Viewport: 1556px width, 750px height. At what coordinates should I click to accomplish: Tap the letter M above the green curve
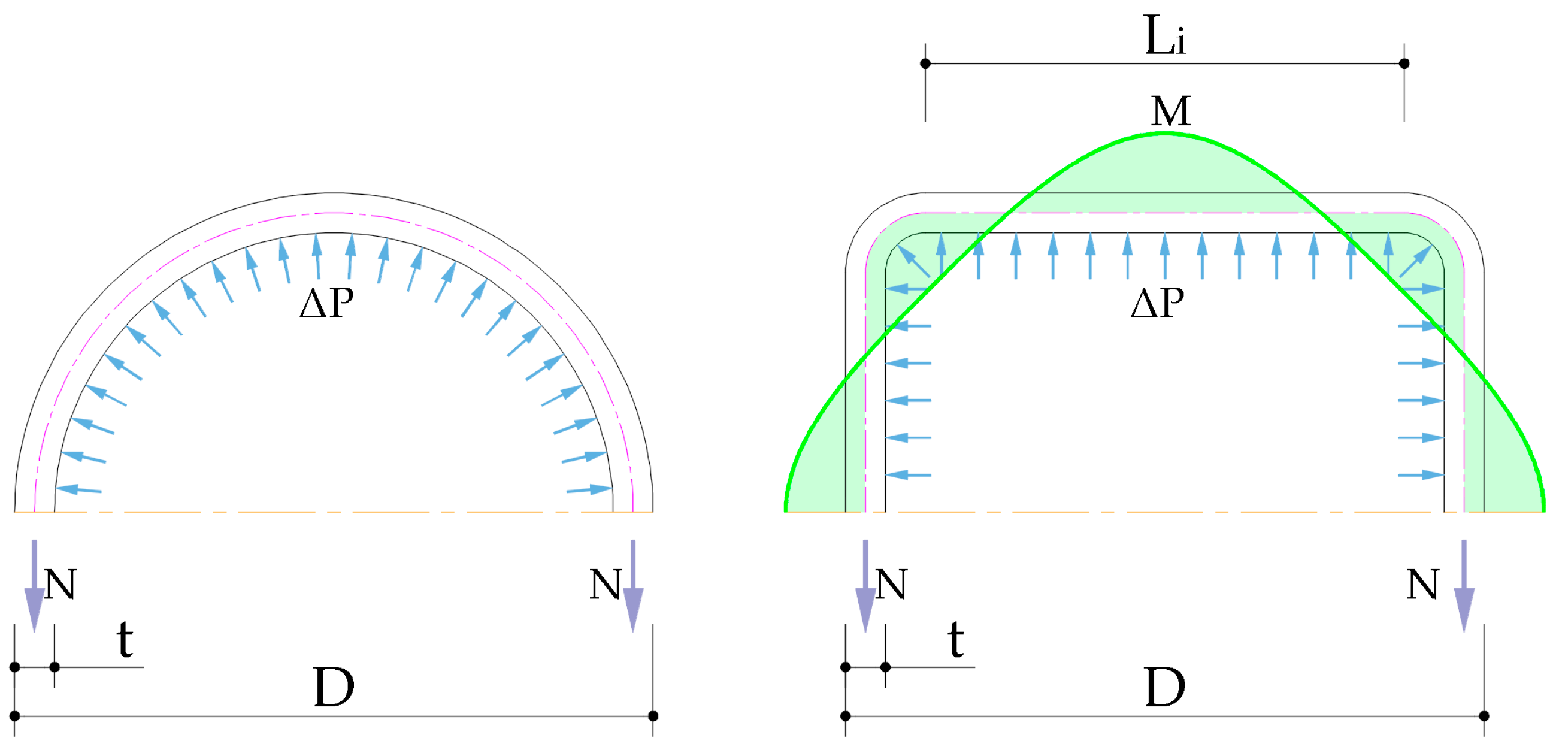(1171, 111)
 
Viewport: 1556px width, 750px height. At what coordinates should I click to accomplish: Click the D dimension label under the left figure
(334, 687)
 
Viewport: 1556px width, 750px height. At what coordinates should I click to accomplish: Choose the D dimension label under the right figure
(1164, 687)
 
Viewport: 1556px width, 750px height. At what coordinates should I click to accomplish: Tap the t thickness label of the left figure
(125, 639)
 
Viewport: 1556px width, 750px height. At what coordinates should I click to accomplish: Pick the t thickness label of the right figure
(956, 639)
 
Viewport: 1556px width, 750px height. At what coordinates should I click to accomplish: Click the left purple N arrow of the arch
(34, 586)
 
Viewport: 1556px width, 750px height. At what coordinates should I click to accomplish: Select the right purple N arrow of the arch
(633, 586)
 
